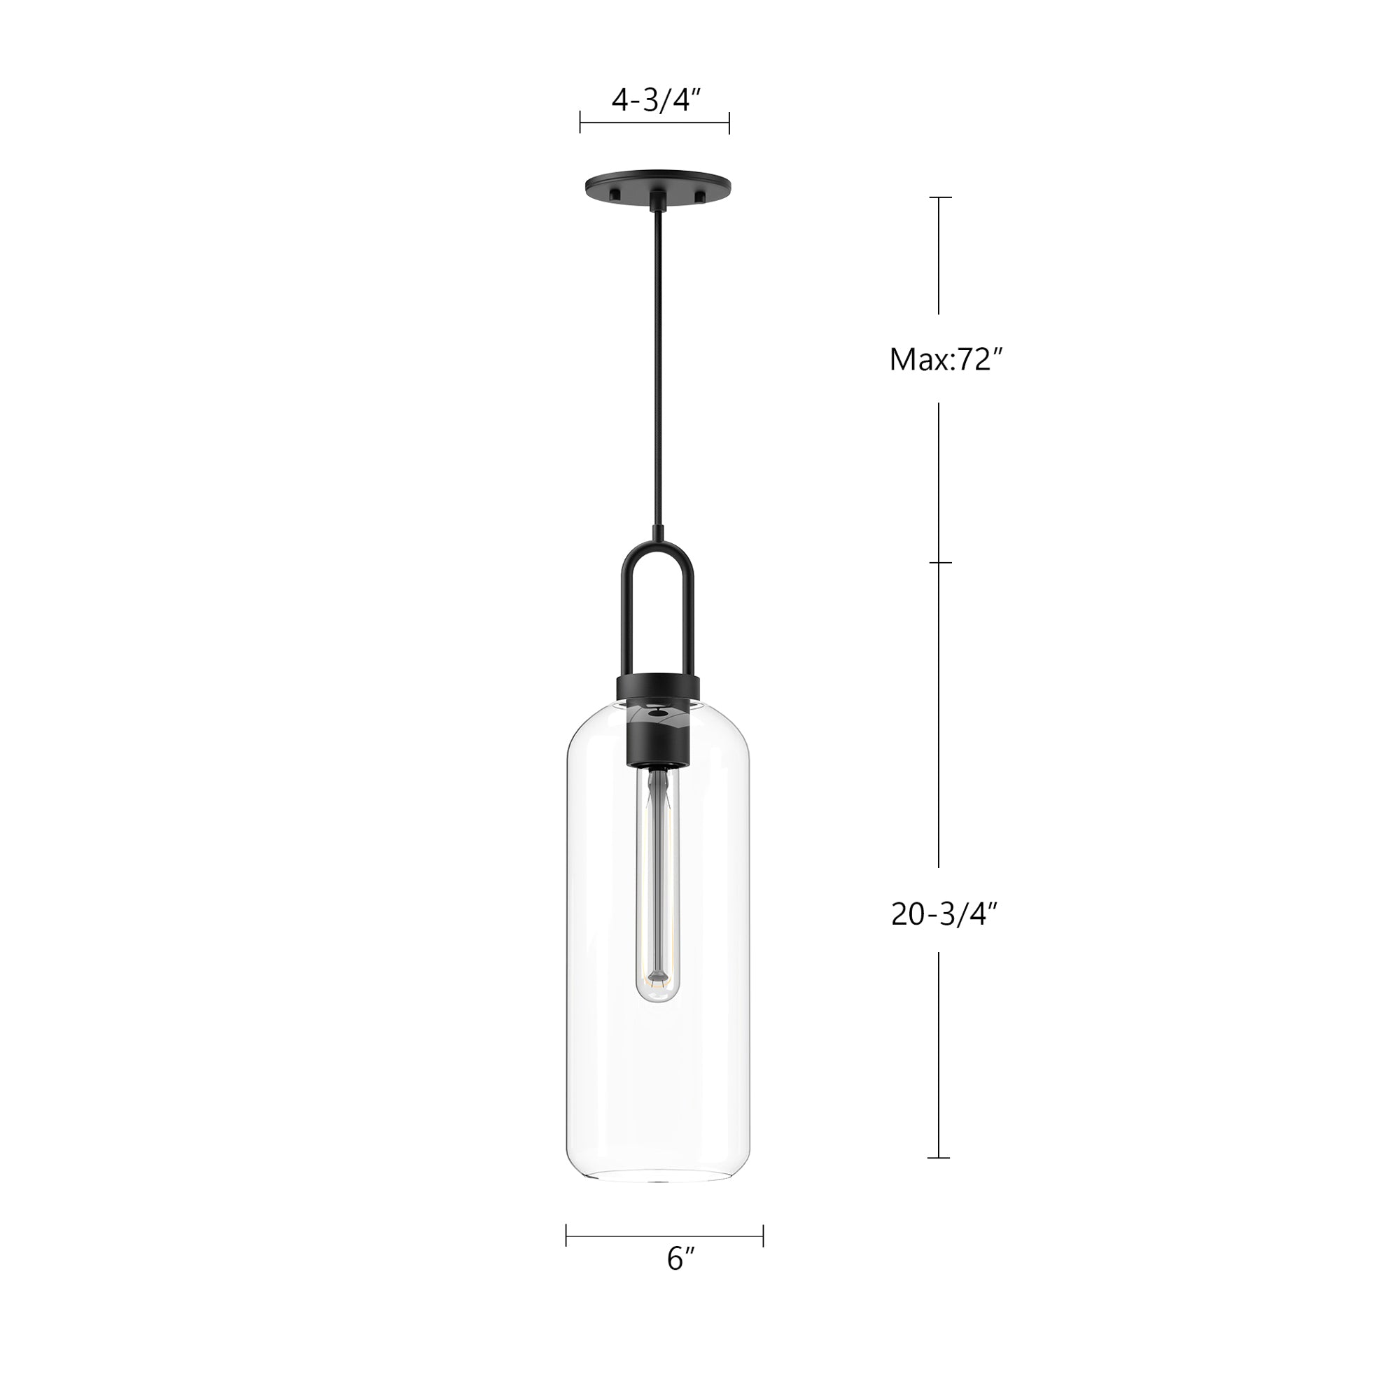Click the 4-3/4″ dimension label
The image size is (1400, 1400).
tap(656, 101)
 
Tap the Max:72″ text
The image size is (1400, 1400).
tap(945, 359)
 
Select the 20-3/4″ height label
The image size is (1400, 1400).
tap(945, 914)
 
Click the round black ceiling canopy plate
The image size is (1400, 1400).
tap(657, 181)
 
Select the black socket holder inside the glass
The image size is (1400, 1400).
tap(657, 739)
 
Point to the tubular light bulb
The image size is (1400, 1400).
tap(657, 884)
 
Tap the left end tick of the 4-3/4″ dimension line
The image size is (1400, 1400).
tap(580, 123)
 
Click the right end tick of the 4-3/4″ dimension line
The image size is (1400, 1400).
tap(729, 123)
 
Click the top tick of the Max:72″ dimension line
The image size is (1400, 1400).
tap(940, 197)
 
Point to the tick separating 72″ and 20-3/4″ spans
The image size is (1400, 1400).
tap(940, 562)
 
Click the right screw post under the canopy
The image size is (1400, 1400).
tap(699, 197)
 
